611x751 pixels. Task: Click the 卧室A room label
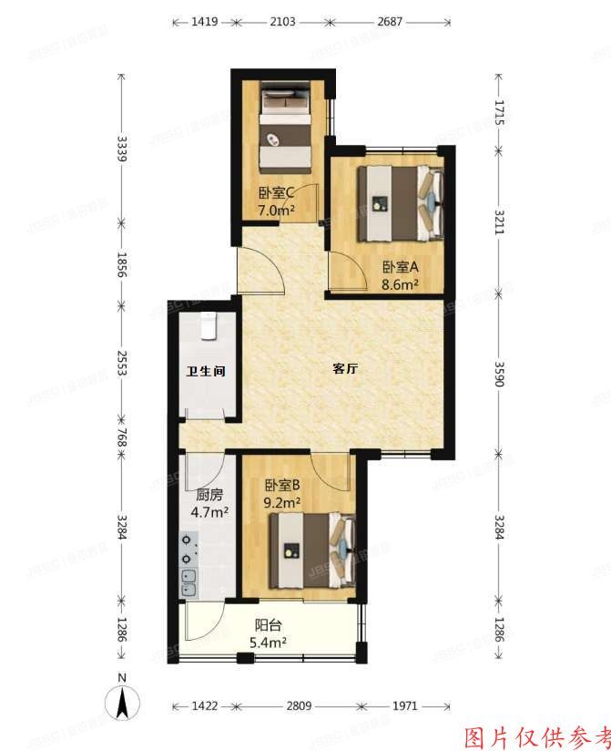(400, 267)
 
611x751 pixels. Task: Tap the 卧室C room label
(275, 192)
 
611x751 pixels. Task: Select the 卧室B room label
(282, 486)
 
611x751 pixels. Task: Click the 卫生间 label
(206, 372)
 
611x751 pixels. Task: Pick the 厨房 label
(209, 497)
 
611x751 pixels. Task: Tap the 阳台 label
(268, 626)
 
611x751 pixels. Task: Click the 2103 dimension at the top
(283, 21)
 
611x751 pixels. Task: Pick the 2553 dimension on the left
(122, 375)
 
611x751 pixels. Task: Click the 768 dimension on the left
(122, 439)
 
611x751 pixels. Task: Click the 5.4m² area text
(268, 643)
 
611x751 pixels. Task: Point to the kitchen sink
(188, 581)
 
